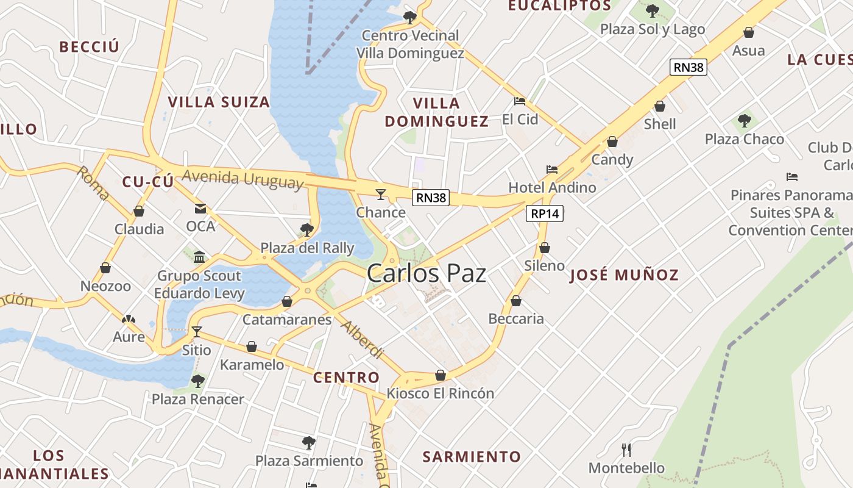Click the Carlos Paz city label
[426, 273]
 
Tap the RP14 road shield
[545, 213]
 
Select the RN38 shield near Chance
[431, 197]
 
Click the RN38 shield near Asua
[688, 67]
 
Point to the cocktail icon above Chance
[381, 195]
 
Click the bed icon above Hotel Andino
[552, 169]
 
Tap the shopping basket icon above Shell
[659, 107]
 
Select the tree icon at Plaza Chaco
[744, 120]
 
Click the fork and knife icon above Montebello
[626, 450]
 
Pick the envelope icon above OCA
[200, 209]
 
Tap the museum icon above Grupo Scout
[199, 257]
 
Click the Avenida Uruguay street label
[242, 179]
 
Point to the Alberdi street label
[362, 339]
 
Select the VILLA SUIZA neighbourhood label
[219, 102]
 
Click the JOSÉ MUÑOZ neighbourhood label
[624, 274]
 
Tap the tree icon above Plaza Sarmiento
[309, 442]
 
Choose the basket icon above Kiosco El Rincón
[441, 375]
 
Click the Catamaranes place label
[287, 319]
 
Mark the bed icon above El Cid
[520, 101]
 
